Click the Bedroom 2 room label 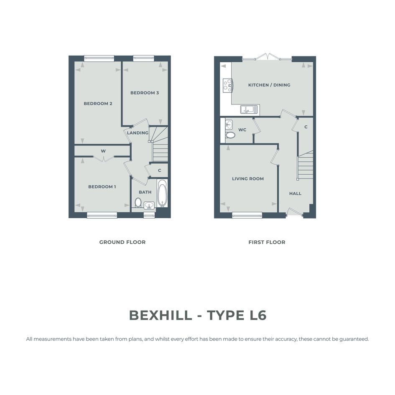[x=98, y=104]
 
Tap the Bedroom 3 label [x=145, y=93]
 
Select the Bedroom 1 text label [x=102, y=187]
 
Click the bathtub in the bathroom [x=162, y=193]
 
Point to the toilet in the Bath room [x=138, y=202]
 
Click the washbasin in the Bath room [x=149, y=205]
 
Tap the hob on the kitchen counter [x=227, y=86]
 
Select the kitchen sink [x=250, y=110]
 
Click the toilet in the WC [x=230, y=135]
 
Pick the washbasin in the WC [x=229, y=125]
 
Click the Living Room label [x=248, y=179]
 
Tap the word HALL [x=295, y=194]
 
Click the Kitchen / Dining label [x=269, y=85]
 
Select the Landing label [x=138, y=133]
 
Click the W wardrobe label [x=103, y=151]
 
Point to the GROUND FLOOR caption [x=122, y=242]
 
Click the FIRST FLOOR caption [x=267, y=242]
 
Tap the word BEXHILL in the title [x=161, y=315]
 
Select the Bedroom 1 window [x=102, y=215]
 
